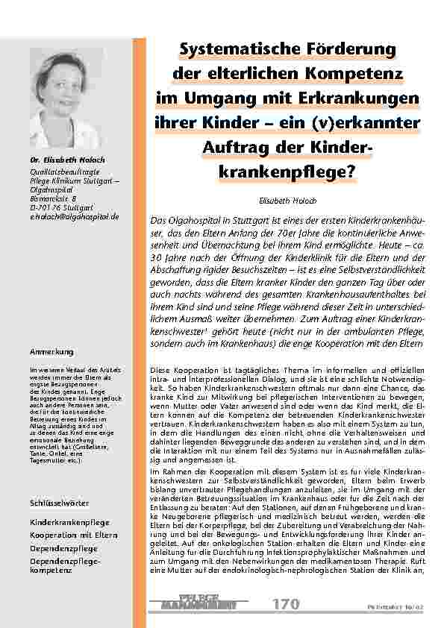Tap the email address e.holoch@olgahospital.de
69,216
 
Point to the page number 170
286,603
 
